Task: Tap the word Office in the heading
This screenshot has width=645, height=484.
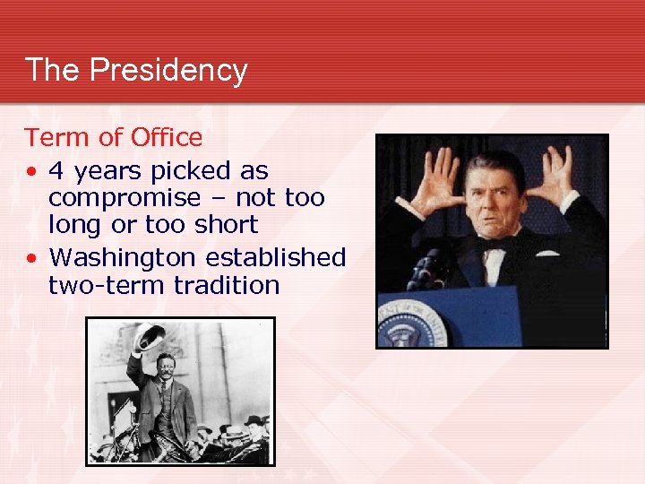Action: click(167, 138)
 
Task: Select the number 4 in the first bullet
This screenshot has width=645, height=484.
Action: click(56, 170)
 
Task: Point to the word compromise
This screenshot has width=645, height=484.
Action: click(125, 198)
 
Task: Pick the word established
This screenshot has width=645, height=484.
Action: click(275, 257)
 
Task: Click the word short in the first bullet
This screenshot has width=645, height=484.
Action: click(228, 225)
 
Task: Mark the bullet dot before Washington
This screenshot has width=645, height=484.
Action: click(31, 258)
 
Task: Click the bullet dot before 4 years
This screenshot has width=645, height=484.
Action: click(31, 171)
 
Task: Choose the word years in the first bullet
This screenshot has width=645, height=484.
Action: click(99, 170)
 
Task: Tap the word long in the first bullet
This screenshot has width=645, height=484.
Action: click(75, 225)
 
